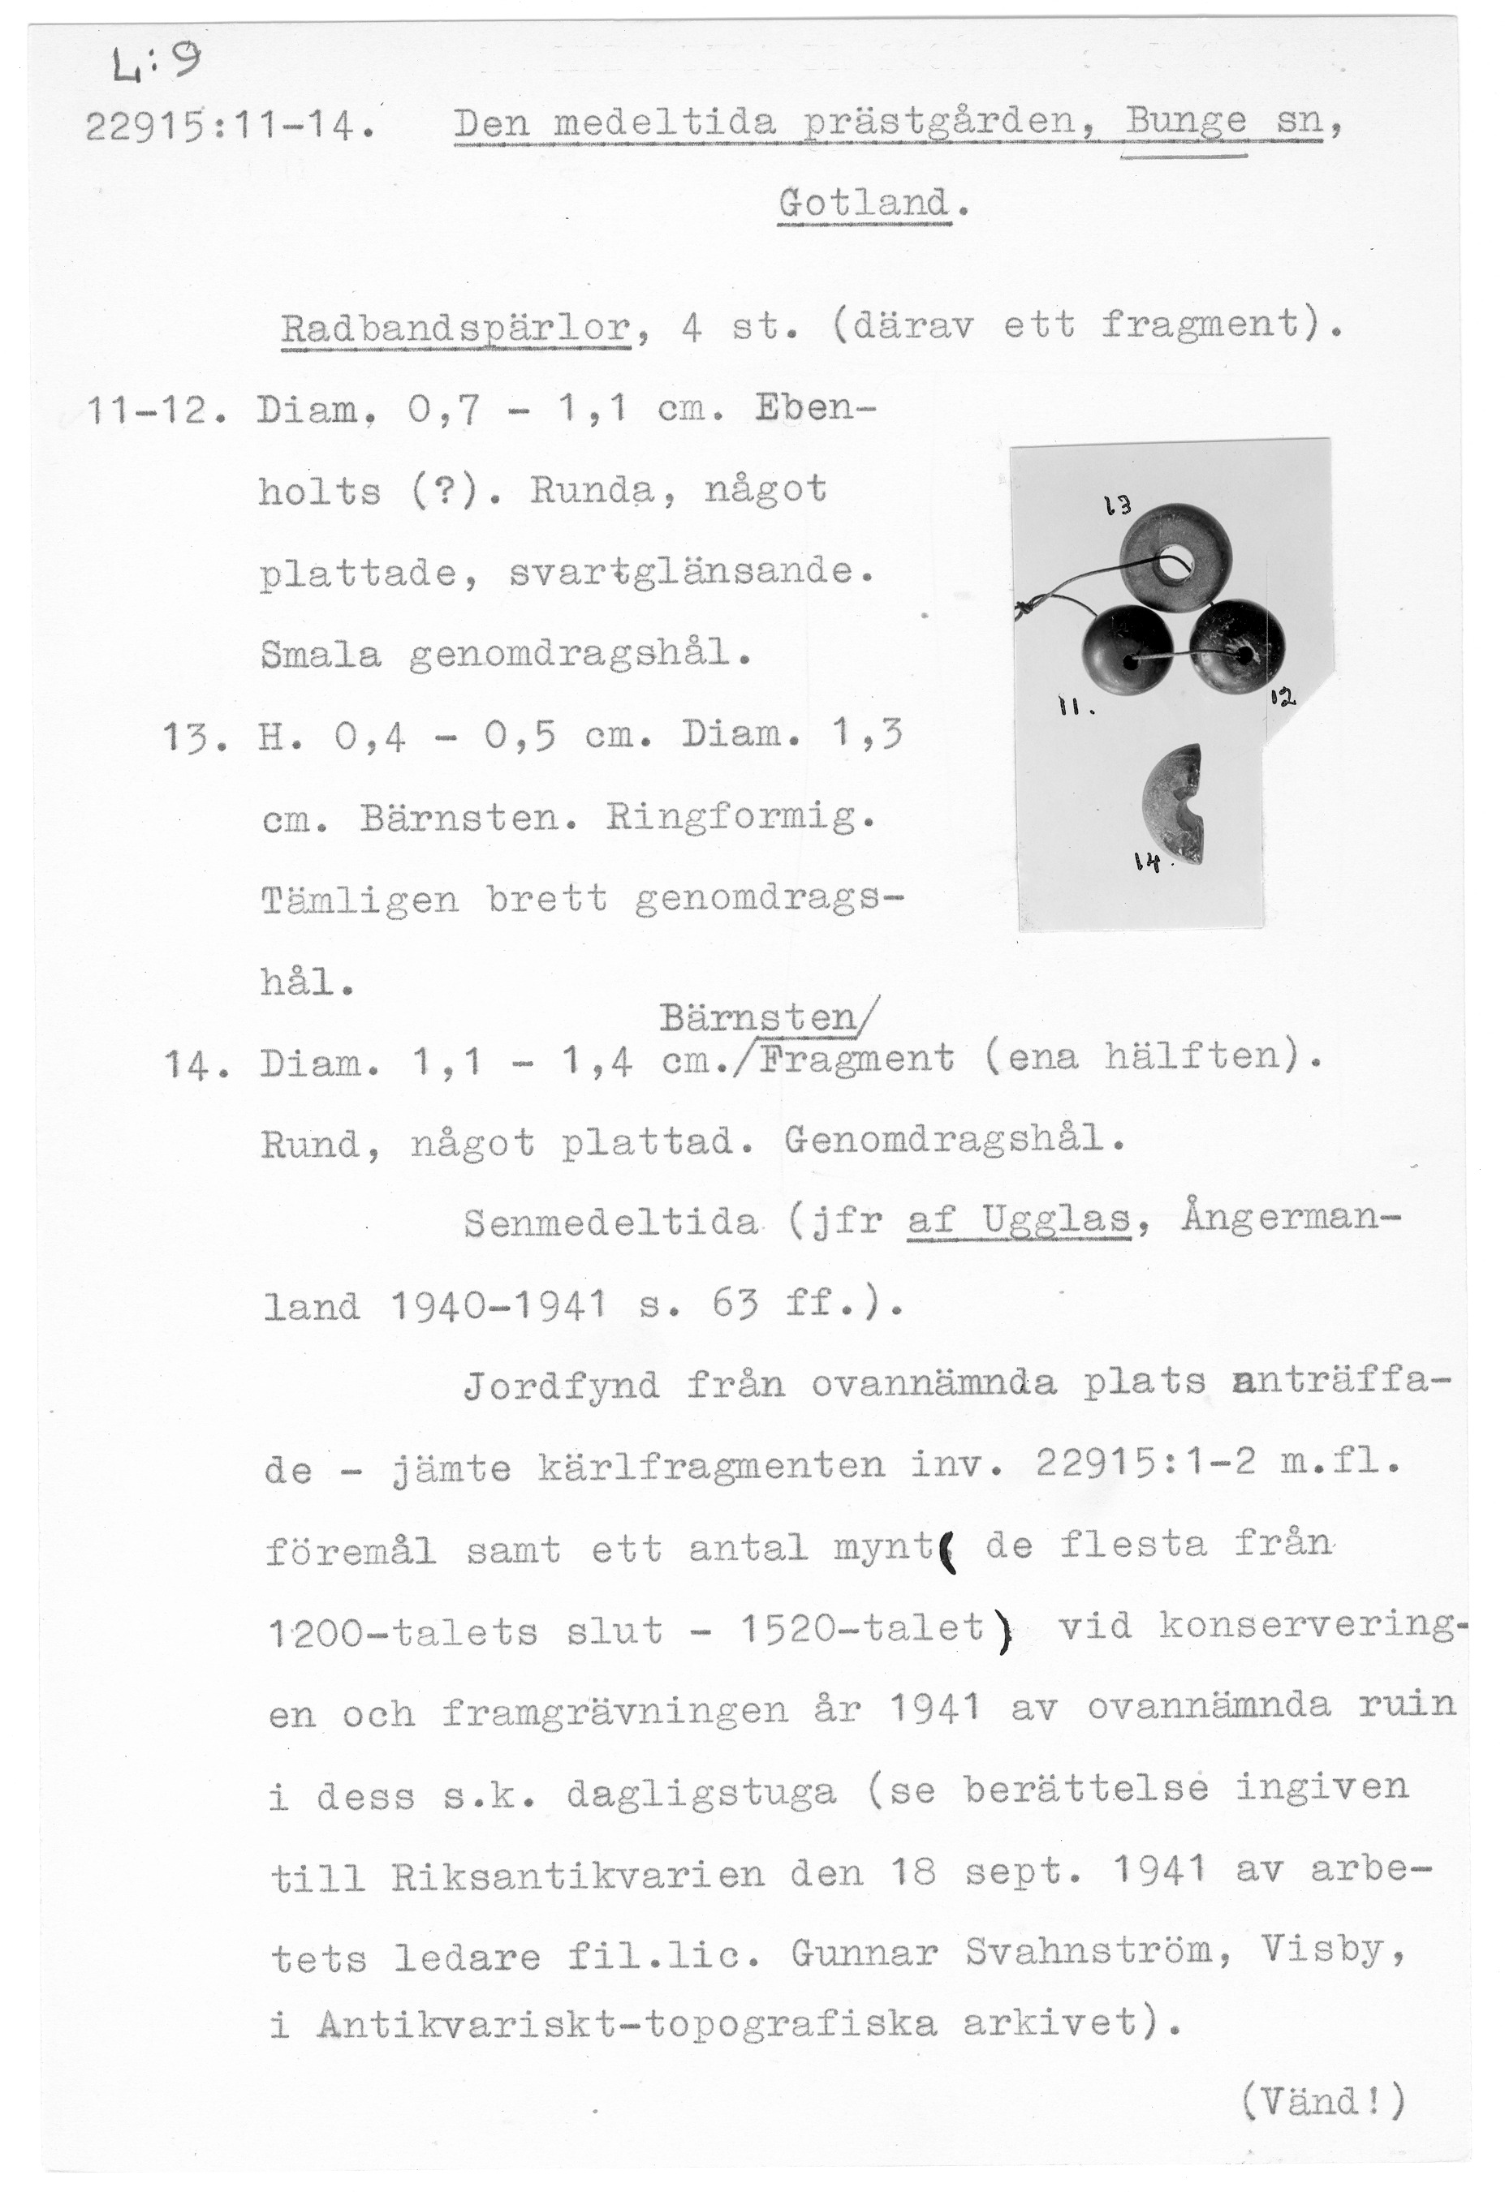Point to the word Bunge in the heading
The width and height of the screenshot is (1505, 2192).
tap(1184, 122)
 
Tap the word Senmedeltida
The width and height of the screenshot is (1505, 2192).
tap(610, 1223)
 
